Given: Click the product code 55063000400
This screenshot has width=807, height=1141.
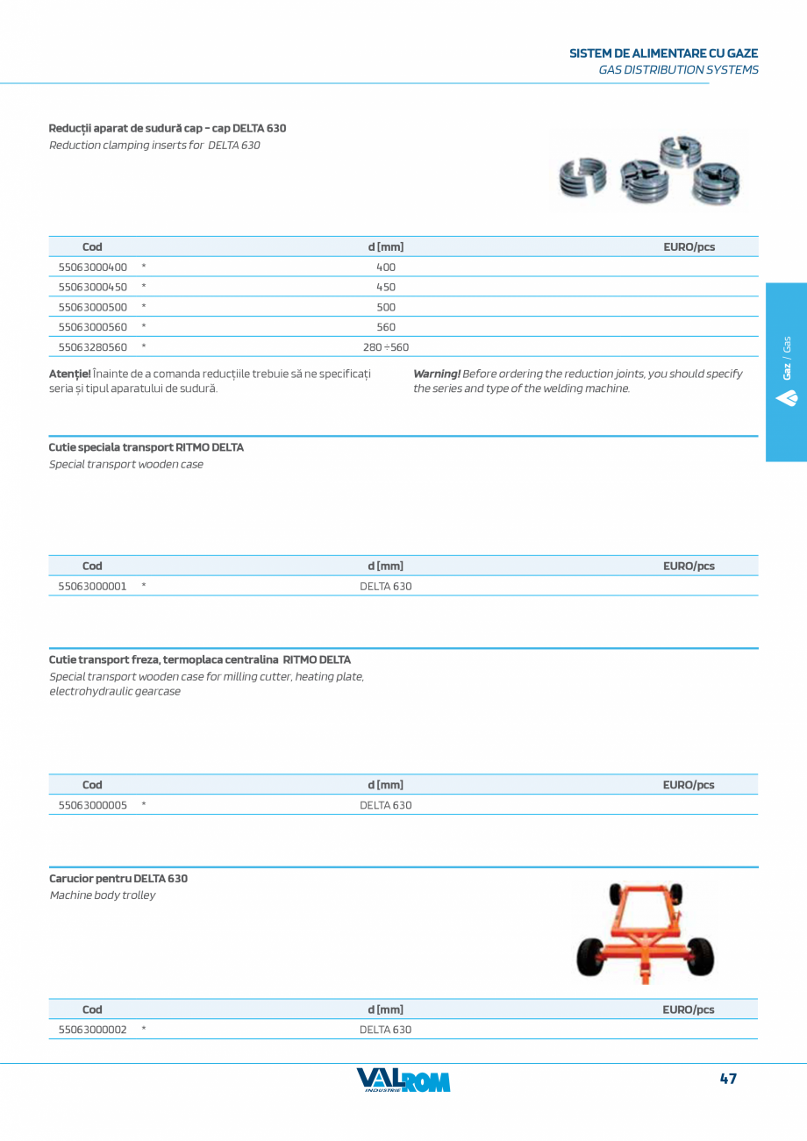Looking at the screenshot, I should (x=92, y=267).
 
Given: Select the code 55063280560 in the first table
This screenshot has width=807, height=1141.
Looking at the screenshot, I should (x=92, y=347).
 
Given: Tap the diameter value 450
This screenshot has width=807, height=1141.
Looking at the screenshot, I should (x=386, y=287).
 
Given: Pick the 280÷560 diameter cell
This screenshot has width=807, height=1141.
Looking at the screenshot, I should (x=386, y=347).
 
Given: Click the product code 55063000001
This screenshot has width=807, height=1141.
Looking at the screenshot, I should (x=92, y=586).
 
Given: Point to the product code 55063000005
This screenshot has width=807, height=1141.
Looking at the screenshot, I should (x=92, y=805).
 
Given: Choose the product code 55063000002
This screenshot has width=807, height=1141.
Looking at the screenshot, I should (x=92, y=1030).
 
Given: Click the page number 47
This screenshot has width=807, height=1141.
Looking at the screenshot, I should (x=728, y=1079).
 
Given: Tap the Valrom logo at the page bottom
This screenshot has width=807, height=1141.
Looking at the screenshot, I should (x=403, y=1080).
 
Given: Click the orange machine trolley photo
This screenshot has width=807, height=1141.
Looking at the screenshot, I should (x=646, y=931).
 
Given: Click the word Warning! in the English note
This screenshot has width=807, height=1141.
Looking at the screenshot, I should (x=437, y=374).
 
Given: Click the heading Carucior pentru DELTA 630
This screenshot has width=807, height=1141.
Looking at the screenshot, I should (x=118, y=878).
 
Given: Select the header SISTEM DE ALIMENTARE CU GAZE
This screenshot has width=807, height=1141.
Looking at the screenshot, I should (x=664, y=53).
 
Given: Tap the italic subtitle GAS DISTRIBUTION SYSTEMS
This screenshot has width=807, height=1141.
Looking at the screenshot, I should (x=678, y=69).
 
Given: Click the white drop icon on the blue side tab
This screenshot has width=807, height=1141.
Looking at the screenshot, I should (x=786, y=397).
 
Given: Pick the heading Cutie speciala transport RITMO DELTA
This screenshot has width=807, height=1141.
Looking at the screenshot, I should (x=146, y=447).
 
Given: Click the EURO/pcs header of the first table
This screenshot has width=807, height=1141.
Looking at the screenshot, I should (x=689, y=247).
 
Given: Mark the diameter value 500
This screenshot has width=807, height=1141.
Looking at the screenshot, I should (x=386, y=307).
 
